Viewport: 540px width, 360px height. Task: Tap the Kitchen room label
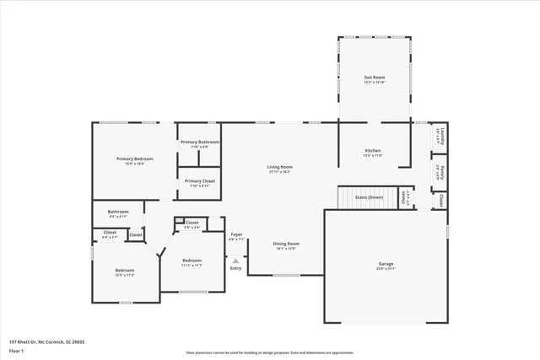pos(372,153)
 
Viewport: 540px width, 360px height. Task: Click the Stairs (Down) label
pos(369,197)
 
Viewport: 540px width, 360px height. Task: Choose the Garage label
pos(386,266)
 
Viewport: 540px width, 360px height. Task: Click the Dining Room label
pos(286,245)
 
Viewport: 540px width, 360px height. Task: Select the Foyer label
pos(236,237)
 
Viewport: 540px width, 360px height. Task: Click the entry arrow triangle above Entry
pos(235,261)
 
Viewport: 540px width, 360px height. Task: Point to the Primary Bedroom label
pos(135,160)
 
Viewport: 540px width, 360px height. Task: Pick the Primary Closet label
pos(200,183)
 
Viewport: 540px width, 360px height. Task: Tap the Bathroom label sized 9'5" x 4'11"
pos(118,213)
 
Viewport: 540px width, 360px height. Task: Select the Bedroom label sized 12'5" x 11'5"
pos(125,272)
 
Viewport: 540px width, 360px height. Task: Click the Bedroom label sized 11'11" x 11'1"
pos(192,262)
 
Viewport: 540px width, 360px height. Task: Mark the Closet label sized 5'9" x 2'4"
pos(192,224)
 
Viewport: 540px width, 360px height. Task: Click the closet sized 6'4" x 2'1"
pos(110,234)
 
